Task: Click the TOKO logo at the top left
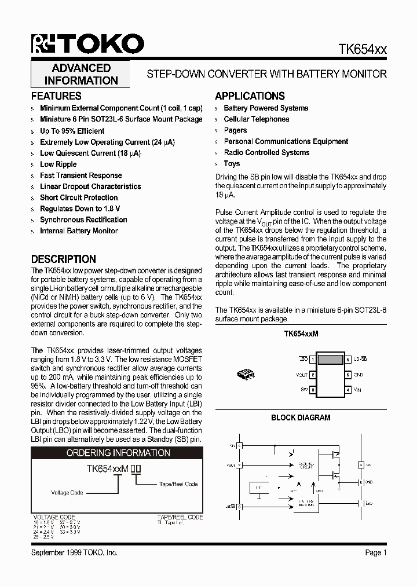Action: point(87,45)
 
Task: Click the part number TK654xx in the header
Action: point(363,50)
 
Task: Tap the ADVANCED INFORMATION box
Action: point(81,75)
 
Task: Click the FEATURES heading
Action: point(56,96)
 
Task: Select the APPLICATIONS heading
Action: point(250,96)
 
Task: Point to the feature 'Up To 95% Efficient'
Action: point(72,131)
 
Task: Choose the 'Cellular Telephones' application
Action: point(256,119)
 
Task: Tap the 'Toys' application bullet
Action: point(232,164)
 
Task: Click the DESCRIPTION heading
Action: point(63,259)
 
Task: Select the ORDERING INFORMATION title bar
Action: point(118,453)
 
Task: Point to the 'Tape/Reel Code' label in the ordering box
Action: point(178,484)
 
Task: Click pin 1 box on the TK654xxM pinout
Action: point(313,360)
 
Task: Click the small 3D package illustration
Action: point(246,375)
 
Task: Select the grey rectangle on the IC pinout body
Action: point(330,360)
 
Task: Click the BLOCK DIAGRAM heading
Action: point(301,417)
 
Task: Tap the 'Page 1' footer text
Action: point(376,553)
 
